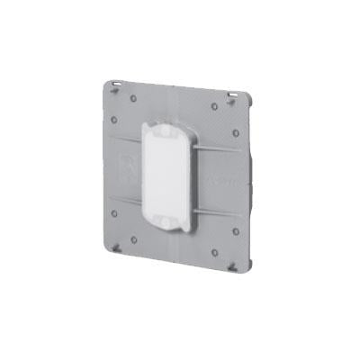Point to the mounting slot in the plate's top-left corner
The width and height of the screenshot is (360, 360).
[120, 85]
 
